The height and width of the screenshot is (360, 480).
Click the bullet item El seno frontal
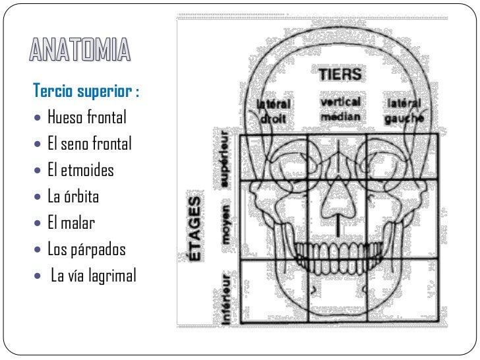click(x=90, y=144)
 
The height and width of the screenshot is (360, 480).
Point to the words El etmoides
click(x=80, y=171)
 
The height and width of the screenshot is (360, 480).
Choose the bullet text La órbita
click(x=73, y=197)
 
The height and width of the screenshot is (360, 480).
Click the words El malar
click(x=71, y=223)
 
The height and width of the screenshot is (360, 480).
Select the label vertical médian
click(x=340, y=109)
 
